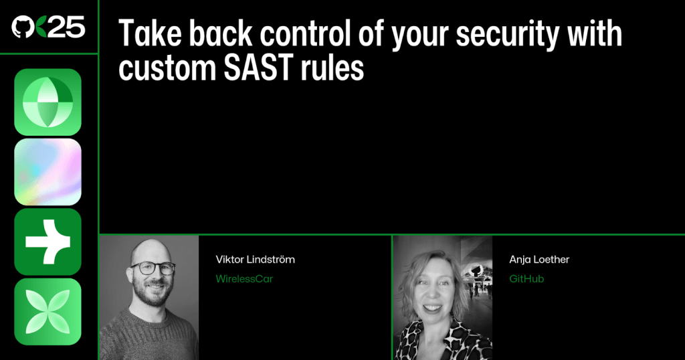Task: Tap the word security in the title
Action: coord(507,35)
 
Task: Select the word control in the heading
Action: coord(306,33)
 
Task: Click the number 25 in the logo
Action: coord(66,27)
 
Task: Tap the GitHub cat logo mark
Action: coord(23,27)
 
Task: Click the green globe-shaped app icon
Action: coord(47,102)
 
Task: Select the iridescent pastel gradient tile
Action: coord(47,172)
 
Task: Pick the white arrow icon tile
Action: coord(47,242)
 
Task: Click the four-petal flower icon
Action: coord(47,312)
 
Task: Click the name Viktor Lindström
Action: coord(255,260)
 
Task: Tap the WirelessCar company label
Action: coord(244,279)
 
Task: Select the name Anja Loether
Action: coord(539,260)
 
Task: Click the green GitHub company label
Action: coord(526,279)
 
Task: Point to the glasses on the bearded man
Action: coord(153,268)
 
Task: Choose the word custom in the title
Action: coord(167,68)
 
